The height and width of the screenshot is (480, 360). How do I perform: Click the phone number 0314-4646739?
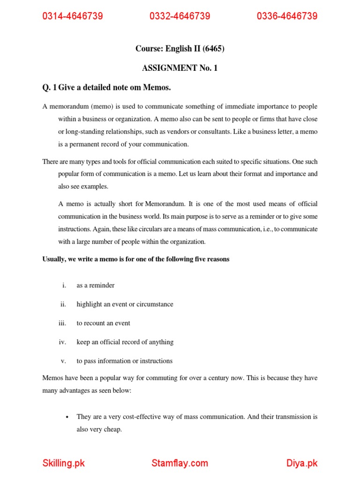pyautogui.click(x=73, y=16)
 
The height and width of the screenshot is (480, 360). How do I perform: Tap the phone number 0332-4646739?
pyautogui.click(x=180, y=16)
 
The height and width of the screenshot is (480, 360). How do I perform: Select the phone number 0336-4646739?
pyautogui.click(x=287, y=16)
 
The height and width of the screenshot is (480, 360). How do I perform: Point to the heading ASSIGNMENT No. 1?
pyautogui.click(x=180, y=68)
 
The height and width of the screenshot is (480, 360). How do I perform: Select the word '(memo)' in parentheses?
pyautogui.click(x=97, y=106)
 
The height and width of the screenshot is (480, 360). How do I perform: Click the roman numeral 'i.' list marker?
pyautogui.click(x=64, y=285)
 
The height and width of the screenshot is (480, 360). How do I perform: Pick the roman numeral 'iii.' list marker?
pyautogui.click(x=63, y=323)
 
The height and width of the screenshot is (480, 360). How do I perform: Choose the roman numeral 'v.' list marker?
pyautogui.click(x=64, y=361)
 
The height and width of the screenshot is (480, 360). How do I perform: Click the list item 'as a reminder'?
pyautogui.click(x=96, y=285)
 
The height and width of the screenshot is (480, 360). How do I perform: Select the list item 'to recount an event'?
pyautogui.click(x=104, y=323)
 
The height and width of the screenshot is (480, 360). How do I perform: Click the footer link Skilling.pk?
pyautogui.click(x=64, y=463)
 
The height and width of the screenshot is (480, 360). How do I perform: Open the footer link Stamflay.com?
pyautogui.click(x=180, y=463)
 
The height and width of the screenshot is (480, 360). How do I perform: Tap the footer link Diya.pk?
pyautogui.click(x=302, y=463)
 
